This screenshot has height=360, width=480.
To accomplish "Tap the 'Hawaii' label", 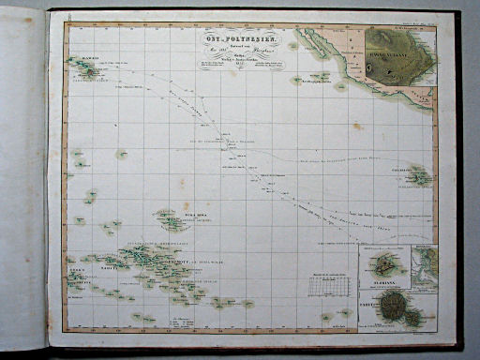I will [89, 59].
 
